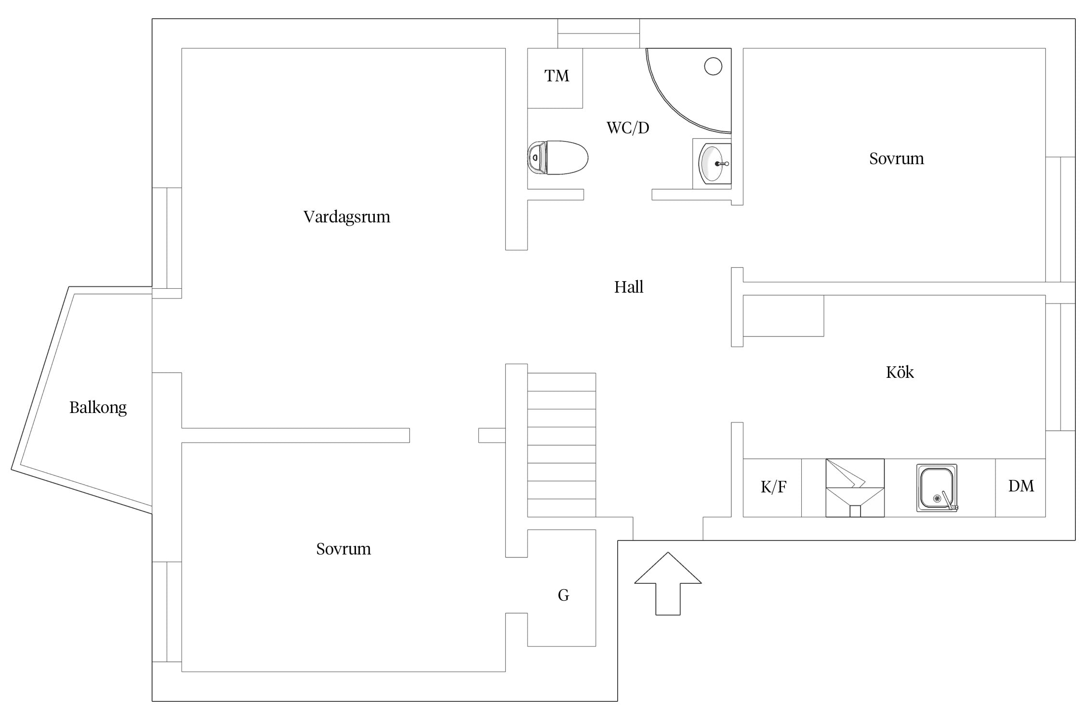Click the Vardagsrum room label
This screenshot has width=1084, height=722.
coord(346,217)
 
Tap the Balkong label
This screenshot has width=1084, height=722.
coord(98,408)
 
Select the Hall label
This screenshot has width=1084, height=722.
coord(629,287)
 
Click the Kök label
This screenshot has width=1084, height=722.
coord(899,372)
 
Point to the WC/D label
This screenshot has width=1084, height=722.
coord(628,128)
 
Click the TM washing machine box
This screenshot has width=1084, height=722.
coord(555,78)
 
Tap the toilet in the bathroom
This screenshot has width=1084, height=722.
coord(558,157)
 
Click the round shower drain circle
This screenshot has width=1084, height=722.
coord(713,66)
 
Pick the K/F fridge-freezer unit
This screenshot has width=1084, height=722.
coord(772,488)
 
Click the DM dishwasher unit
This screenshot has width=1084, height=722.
coord(1020,488)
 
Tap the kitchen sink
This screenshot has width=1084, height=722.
coord(937,488)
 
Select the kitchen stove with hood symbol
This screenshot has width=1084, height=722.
coord(855,488)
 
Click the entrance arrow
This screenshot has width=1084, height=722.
coord(668,583)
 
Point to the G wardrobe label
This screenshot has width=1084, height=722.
coord(563,595)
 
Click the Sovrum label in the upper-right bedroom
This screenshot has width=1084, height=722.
coord(897,159)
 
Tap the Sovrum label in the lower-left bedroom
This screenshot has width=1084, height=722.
coord(344,549)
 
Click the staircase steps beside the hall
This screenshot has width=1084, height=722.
coord(562,445)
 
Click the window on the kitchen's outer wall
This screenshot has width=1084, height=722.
coord(1060,367)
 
